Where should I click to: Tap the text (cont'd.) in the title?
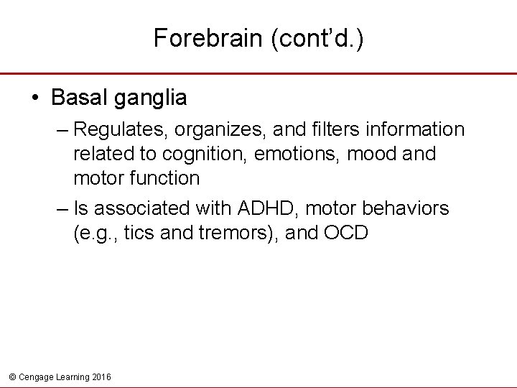(x=317, y=38)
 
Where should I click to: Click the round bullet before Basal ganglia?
(x=36, y=98)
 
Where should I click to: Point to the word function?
(x=164, y=177)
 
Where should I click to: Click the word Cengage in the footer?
(x=35, y=377)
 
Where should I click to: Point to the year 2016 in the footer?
(x=102, y=377)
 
